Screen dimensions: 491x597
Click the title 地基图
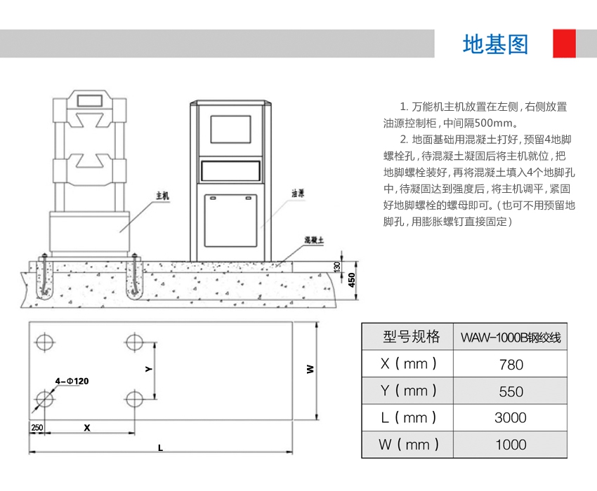[x=495, y=44]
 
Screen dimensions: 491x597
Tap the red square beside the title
[x=564, y=43]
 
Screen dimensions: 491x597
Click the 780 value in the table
[x=510, y=364]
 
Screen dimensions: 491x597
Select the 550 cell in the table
[x=510, y=391]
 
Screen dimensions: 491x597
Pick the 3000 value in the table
[x=510, y=417]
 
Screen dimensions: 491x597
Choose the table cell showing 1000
[x=510, y=444]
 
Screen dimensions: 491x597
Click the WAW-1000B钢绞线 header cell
[x=510, y=337]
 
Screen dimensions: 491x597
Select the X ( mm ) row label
[x=408, y=364]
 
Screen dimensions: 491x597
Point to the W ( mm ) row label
[x=408, y=444]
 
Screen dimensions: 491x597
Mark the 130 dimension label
[x=338, y=267]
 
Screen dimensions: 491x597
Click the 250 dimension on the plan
[x=37, y=427]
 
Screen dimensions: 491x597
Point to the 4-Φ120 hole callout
[x=72, y=381]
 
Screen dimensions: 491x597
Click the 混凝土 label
[x=313, y=240]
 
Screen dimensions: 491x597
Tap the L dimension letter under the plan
[x=160, y=448]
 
